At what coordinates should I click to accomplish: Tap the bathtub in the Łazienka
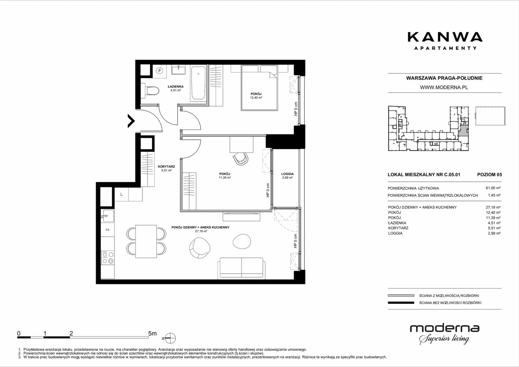tap(198, 83)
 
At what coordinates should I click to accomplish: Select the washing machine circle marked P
tap(159, 71)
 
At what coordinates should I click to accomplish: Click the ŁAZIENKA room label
tap(176, 86)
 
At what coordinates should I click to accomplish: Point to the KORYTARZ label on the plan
tap(166, 167)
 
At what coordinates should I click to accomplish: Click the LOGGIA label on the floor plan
tap(287, 174)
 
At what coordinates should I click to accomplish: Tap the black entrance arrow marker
tap(131, 121)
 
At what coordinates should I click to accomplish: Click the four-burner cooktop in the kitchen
tap(108, 258)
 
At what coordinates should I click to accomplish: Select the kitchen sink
tap(107, 216)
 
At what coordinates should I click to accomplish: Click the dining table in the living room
tap(146, 241)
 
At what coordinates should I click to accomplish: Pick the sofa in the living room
tap(241, 268)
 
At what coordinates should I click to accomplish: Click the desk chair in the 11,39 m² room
tap(241, 159)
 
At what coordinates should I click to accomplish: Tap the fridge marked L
tap(121, 194)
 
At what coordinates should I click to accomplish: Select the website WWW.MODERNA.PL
tap(444, 87)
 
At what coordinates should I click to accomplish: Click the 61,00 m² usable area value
tap(493, 188)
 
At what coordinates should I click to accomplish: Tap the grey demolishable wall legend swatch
tap(401, 295)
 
